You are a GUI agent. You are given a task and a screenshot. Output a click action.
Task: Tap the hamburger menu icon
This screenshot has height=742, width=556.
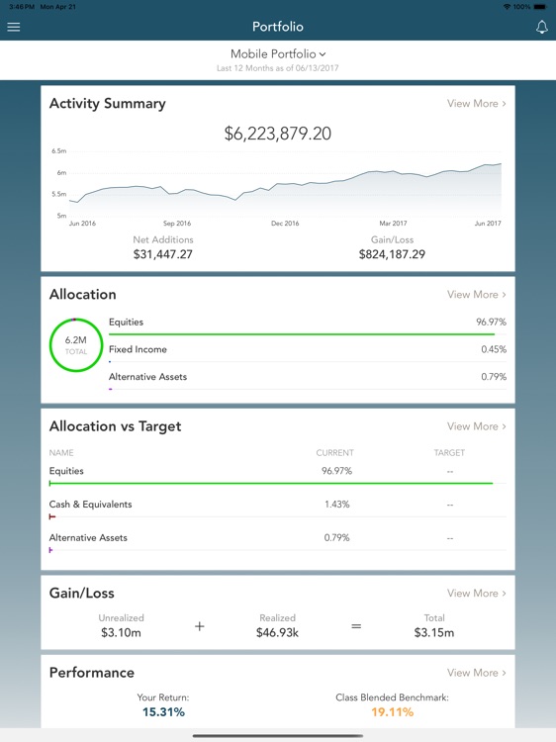point(14,27)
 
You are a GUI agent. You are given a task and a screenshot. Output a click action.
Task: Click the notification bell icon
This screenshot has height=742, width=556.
point(541,27)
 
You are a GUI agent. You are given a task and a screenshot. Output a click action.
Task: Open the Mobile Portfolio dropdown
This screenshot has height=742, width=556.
point(278,53)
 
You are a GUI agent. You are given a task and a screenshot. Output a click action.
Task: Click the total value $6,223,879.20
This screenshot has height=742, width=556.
point(278,133)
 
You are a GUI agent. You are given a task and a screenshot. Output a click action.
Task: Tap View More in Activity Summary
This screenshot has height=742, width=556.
point(476,103)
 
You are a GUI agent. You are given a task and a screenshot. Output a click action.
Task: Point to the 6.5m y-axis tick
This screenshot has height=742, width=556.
point(60,151)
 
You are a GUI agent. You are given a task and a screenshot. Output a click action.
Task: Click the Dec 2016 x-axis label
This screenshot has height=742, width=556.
point(285,224)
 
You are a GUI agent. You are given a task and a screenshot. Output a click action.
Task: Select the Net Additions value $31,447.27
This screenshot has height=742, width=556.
point(163,254)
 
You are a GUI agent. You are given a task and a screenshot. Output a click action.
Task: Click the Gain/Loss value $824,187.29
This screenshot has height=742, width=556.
point(392,254)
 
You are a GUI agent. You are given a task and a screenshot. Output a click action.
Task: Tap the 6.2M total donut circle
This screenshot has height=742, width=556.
point(76,345)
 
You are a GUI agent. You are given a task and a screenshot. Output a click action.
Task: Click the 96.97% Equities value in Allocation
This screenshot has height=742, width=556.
point(490,323)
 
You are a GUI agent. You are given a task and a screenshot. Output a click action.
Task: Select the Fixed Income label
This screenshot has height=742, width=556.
point(138,349)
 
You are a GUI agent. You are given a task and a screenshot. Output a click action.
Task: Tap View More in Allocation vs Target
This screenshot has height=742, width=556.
point(476,426)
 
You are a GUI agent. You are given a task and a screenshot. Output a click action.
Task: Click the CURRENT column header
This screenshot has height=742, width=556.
point(334,453)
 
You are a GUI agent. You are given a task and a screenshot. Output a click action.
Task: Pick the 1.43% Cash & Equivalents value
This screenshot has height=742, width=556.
point(337,505)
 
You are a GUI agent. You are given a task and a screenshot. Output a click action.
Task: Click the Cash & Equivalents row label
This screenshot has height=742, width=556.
point(90,505)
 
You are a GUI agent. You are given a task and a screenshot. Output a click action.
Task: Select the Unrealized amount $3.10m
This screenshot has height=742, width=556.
point(122,631)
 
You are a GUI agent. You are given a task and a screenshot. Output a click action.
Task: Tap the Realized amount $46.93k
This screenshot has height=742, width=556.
point(278,631)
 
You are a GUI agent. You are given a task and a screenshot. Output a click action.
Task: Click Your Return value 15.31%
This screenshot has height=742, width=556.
point(163,711)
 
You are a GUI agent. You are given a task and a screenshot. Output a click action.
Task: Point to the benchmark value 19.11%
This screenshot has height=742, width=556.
point(392,711)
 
